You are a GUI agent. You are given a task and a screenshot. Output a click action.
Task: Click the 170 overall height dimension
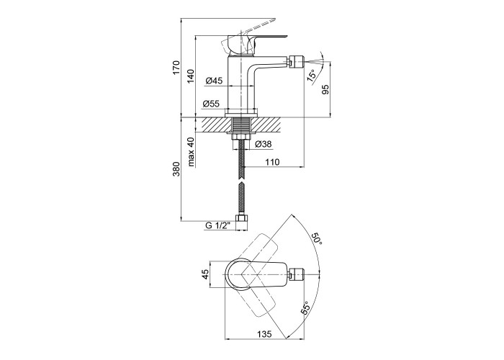(x=177, y=68)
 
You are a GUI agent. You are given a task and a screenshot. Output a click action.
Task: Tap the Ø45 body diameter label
(x=214, y=81)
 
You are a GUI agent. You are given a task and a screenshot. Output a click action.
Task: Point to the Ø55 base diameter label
(x=211, y=104)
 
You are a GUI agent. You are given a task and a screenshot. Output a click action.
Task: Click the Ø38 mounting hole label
(x=264, y=144)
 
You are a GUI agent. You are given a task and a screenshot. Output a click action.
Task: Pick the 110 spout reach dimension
(x=273, y=162)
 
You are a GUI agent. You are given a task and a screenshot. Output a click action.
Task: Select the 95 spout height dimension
(x=325, y=89)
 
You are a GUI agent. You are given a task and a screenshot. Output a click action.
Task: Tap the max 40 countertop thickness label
(x=192, y=152)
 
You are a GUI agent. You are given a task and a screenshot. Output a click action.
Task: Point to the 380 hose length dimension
(x=177, y=169)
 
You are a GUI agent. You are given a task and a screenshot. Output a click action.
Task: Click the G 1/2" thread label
(x=218, y=225)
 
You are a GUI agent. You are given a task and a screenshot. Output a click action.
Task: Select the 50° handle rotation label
(x=316, y=238)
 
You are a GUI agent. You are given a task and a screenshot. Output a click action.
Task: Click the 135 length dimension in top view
(x=264, y=334)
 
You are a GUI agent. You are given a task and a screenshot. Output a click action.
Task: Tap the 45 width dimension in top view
(x=205, y=274)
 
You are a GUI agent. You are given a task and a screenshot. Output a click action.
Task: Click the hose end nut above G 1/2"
(x=242, y=218)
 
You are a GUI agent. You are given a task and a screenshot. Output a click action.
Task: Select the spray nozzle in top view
(x=296, y=275)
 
